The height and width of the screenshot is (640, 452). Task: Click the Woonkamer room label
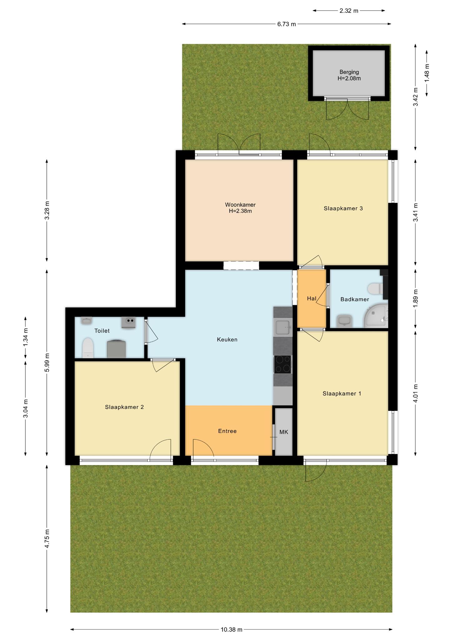240,205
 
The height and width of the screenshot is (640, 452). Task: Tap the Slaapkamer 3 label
343,208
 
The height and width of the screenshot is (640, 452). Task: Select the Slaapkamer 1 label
342,393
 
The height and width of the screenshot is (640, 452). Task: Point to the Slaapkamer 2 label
124,407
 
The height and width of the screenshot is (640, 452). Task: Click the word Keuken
227,339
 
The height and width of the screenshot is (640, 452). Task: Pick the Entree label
227,431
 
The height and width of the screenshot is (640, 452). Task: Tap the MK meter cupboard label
284,432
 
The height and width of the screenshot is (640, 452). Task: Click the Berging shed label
349,72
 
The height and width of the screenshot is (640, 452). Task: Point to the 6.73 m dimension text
287,24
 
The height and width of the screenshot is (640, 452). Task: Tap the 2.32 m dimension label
349,11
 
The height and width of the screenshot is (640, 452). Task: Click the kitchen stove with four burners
283,364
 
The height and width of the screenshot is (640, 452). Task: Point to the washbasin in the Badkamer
345,320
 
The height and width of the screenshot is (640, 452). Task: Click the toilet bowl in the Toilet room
88,348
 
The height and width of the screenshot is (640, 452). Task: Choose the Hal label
312,298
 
